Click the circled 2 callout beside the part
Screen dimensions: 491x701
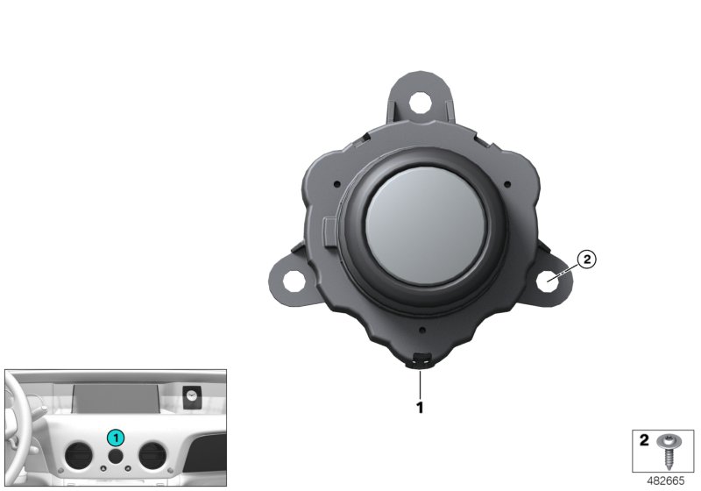(x=586, y=259)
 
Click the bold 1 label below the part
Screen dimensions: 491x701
(x=420, y=407)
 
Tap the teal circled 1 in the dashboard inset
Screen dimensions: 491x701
(x=115, y=437)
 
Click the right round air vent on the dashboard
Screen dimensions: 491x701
(x=149, y=456)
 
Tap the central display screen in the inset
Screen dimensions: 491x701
(x=114, y=400)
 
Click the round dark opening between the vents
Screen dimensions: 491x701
(x=115, y=458)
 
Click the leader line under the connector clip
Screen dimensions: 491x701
(x=421, y=382)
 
